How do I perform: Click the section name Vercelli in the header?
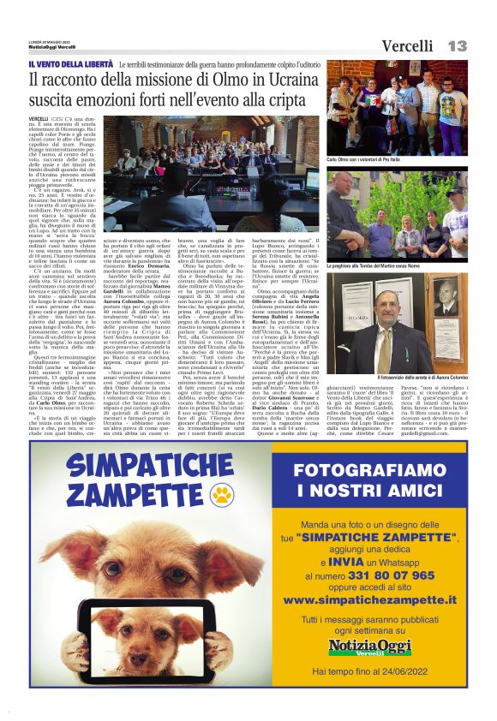tap(407, 45)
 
